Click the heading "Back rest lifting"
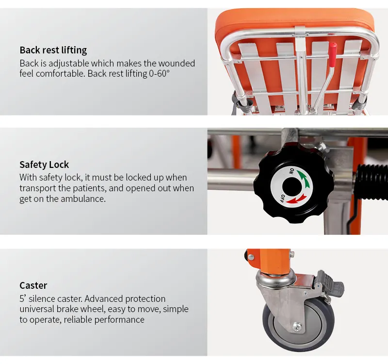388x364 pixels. point(53,50)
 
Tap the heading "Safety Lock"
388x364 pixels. point(44,165)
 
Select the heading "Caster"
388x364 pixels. point(33,285)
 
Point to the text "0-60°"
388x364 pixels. point(159,74)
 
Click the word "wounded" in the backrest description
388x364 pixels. point(177,64)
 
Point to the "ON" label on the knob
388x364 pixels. point(292,171)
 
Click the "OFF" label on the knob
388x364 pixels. point(283,199)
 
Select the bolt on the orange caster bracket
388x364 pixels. point(251,257)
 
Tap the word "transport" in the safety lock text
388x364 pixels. point(38,188)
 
